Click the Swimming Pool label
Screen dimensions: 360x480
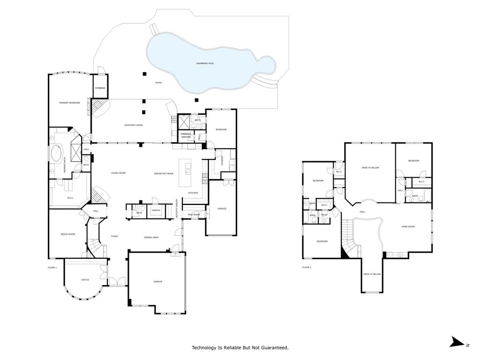pos(205,63)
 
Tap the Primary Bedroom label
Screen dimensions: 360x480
pos(69,103)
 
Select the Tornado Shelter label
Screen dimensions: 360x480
pos(186,135)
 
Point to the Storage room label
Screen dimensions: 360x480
pos(100,88)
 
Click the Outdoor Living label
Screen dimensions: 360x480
pos(134,125)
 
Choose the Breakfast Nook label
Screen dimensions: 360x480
pos(164,173)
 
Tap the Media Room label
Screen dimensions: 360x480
pos(68,234)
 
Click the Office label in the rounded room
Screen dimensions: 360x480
pos(85,280)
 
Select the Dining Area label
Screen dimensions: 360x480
pos(151,238)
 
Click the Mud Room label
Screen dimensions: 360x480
pos(194,215)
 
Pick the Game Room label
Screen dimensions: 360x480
pos(408,226)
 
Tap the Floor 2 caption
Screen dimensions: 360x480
pos(307,267)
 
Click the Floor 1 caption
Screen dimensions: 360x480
pos(52,267)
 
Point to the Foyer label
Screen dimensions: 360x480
pos(114,236)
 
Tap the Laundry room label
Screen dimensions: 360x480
pos(222,160)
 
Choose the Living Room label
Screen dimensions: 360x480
pos(118,173)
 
